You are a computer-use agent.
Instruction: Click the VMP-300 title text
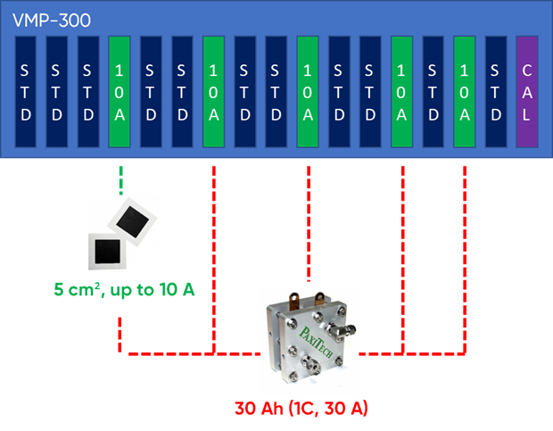[46, 17]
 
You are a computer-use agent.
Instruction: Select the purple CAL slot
[527, 92]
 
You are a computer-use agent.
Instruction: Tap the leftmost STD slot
[26, 92]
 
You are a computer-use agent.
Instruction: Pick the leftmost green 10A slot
[120, 92]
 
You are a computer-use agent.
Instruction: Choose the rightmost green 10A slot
[464, 92]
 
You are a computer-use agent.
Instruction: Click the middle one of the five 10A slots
[308, 92]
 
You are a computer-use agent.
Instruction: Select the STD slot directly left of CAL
[496, 92]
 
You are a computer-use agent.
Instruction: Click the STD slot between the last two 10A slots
[433, 92]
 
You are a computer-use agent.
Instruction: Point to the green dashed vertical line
[120, 178]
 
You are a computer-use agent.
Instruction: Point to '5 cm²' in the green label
[73, 291]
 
